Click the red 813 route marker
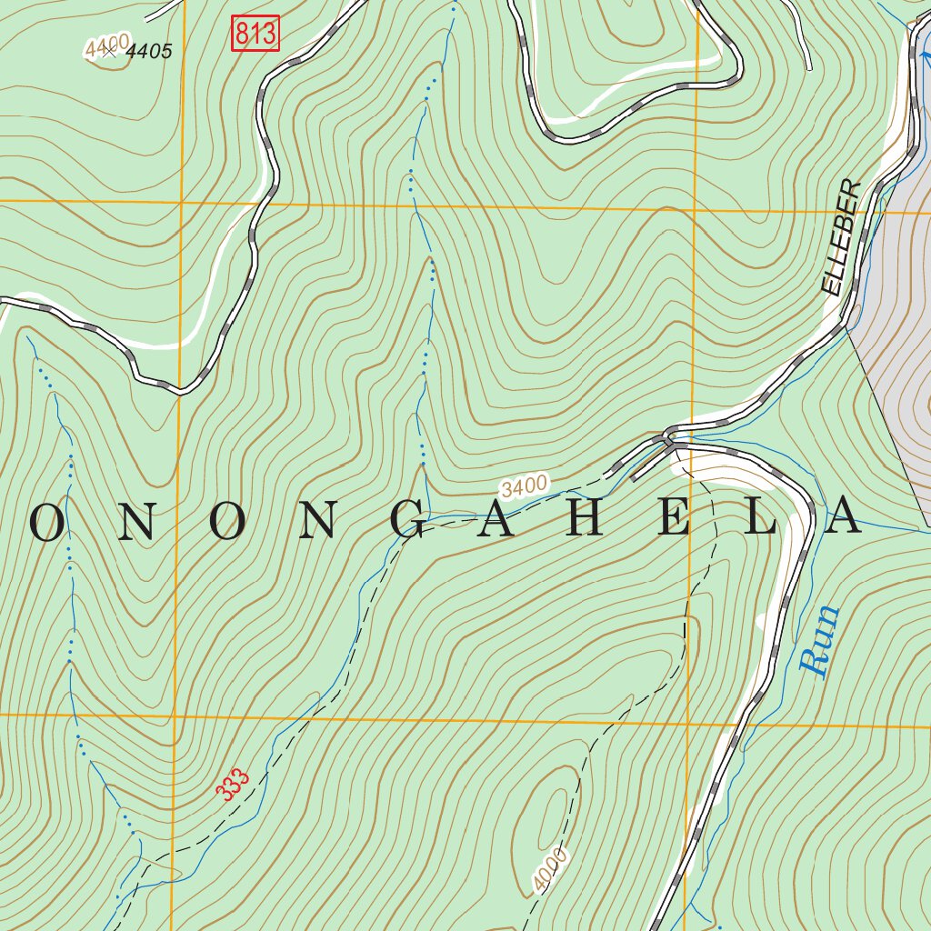(x=254, y=35)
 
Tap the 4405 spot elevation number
(x=148, y=52)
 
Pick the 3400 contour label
(x=525, y=486)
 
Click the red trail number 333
(x=234, y=785)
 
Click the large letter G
(x=411, y=520)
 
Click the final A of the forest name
(x=844, y=518)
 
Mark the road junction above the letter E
(x=670, y=438)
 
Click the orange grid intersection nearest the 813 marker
(x=181, y=201)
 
